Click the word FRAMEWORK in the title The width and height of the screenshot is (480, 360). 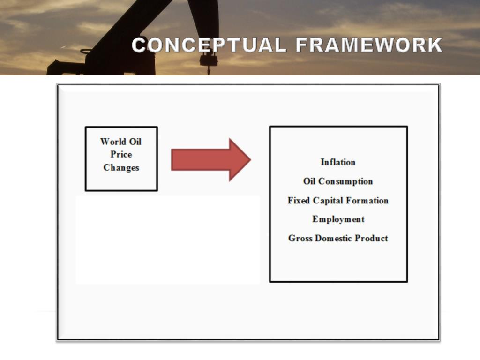tap(369, 45)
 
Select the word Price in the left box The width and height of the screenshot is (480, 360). tap(121, 154)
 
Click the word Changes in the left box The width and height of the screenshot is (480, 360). tap(121, 167)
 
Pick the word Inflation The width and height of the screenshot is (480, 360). tap(338, 162)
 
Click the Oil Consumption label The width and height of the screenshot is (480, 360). tap(338, 181)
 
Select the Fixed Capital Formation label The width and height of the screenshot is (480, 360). tap(338, 201)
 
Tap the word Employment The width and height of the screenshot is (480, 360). tap(338, 219)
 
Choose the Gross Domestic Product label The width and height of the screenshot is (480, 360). tap(338, 238)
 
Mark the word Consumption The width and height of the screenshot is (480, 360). tap(345, 181)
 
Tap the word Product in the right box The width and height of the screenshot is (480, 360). tap(371, 238)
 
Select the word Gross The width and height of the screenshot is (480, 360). tap(300, 238)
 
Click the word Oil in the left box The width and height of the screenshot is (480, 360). tap(135, 141)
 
